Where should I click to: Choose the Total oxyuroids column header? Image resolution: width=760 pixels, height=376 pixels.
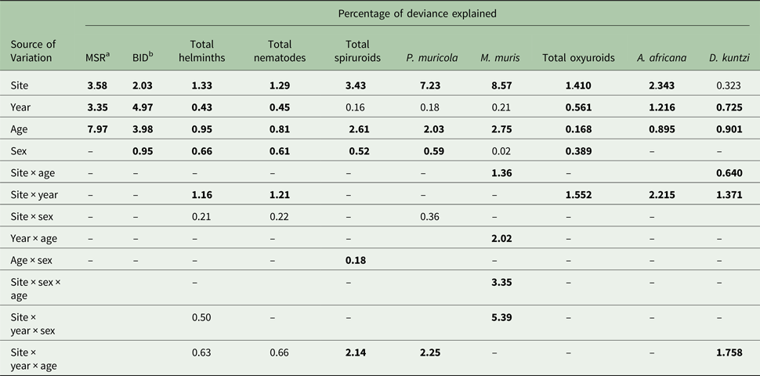click(x=578, y=57)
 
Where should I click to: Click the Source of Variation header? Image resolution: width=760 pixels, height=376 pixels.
click(x=35, y=51)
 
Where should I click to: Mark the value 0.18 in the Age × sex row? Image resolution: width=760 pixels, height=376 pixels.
click(x=356, y=258)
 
